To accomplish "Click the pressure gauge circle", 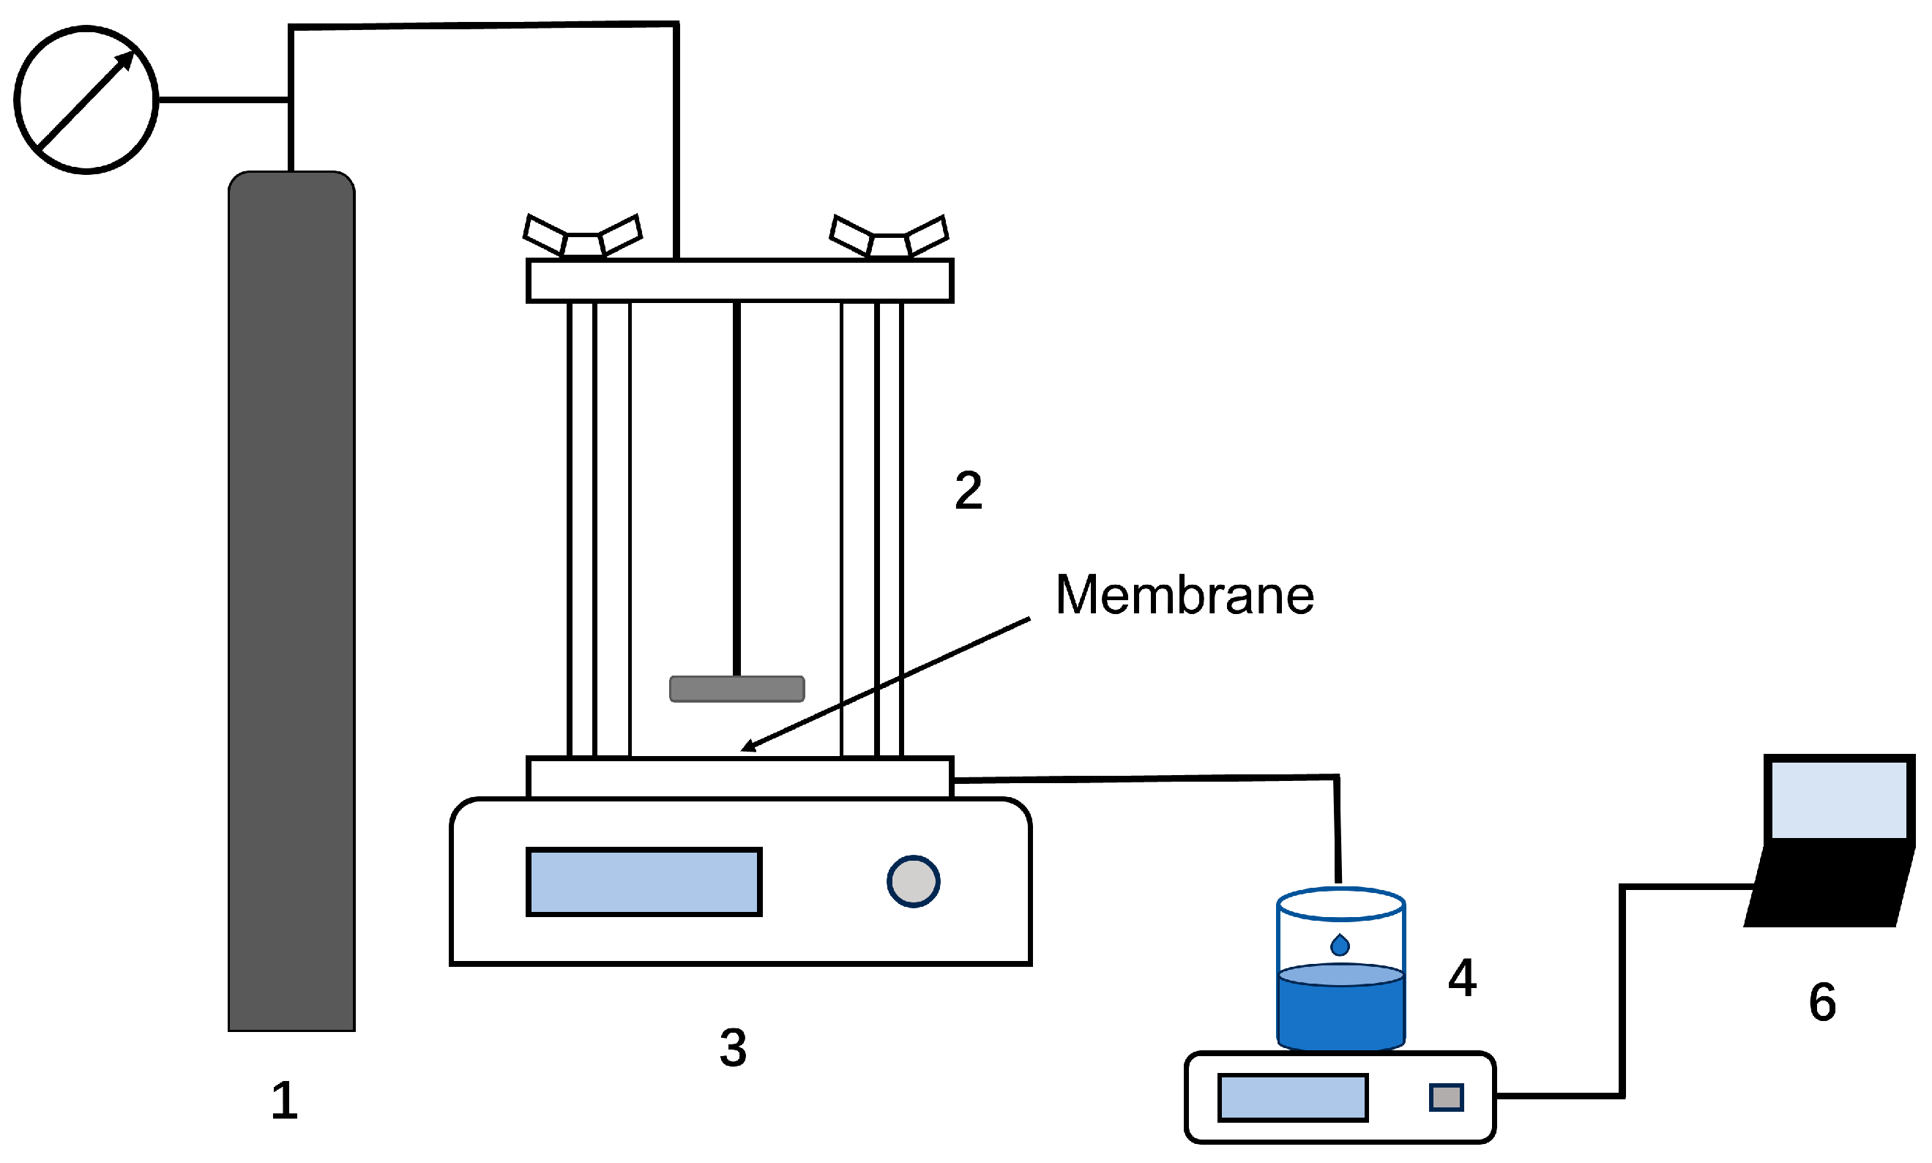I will (86, 100).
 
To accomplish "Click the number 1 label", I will (284, 1100).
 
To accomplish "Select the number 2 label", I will (968, 491).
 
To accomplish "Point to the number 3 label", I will (732, 1048).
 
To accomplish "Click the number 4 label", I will (1462, 978).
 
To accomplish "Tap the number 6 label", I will (1821, 1002).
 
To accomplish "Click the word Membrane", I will (1184, 595).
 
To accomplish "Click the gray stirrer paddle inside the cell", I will (736, 688).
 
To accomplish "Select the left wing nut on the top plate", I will (582, 236).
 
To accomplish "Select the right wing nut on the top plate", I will (889, 236).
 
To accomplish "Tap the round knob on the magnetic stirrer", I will (912, 882).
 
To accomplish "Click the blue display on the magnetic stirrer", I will (644, 882).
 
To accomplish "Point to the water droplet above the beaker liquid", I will (1340, 945).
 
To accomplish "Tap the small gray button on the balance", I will (1445, 1097).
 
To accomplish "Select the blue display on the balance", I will (1292, 1098).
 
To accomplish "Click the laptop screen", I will (1839, 800).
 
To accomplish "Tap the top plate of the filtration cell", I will (739, 280).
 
